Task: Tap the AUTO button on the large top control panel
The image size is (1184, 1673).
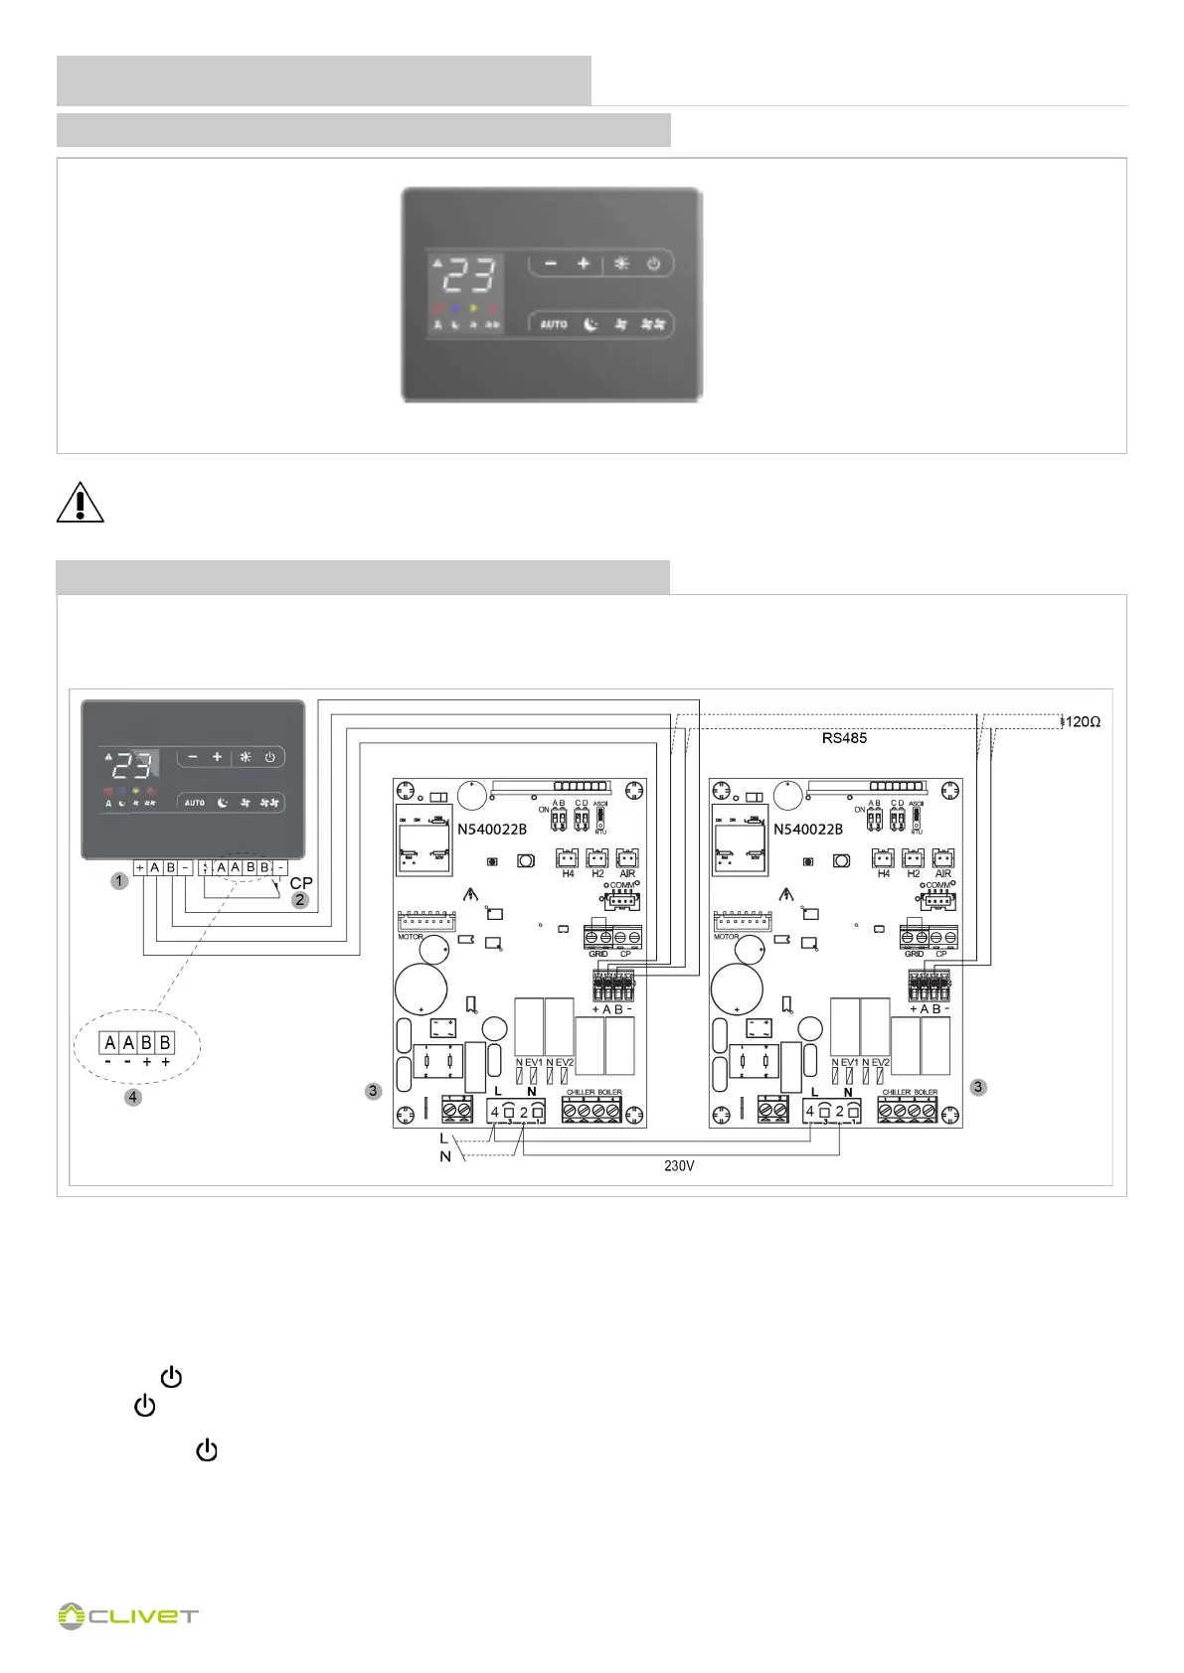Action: coord(554,325)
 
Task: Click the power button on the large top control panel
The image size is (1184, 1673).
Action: coord(653,264)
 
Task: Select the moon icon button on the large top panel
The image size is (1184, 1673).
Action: coord(591,325)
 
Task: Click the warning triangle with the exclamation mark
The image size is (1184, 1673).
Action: coord(80,502)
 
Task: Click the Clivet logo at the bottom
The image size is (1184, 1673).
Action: coord(128,1615)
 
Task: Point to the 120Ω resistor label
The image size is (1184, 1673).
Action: coord(1083,722)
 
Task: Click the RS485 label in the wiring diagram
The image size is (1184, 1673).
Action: coord(844,738)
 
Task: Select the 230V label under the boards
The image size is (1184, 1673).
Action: coord(679,1165)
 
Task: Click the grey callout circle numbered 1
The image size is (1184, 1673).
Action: coord(119,880)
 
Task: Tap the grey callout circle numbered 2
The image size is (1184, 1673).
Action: coord(299,900)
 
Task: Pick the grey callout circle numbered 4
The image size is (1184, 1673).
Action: coord(133,1097)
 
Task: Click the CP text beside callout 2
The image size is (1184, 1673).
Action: coord(301,883)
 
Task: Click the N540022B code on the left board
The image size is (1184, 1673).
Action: coord(492,829)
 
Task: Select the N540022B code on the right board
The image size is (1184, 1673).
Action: coord(808,829)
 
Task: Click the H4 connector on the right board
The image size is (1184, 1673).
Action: coord(883,860)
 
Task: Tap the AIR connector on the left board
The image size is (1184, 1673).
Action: coord(627,860)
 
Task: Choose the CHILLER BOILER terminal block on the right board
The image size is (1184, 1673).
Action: coord(909,1109)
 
